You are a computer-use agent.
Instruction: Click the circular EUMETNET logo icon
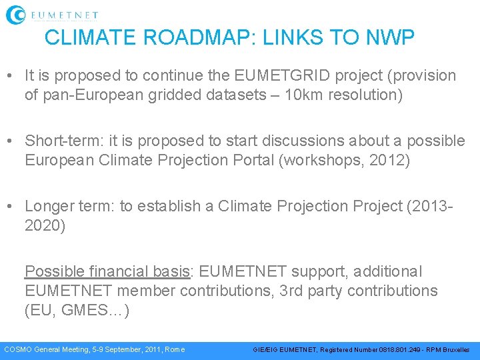[16, 15]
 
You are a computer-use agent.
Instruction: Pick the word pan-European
[88, 95]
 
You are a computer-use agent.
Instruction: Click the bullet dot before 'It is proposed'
[12, 76]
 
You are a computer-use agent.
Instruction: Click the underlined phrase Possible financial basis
[107, 272]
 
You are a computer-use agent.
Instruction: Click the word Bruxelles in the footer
[455, 349]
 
